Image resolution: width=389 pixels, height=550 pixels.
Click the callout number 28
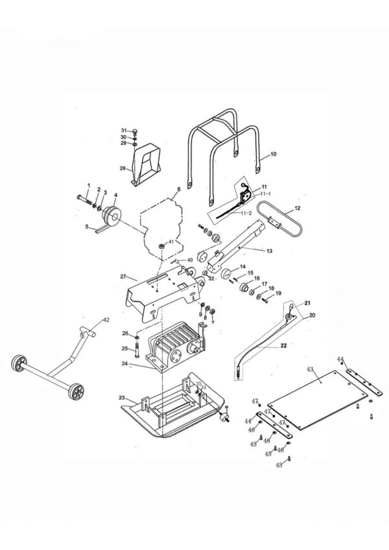tap(122, 168)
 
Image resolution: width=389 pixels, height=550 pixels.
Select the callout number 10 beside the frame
tap(273, 154)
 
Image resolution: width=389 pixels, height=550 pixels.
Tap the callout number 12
tap(298, 209)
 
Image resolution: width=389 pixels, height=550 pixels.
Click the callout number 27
tap(123, 277)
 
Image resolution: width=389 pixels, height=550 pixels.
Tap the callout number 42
tap(106, 320)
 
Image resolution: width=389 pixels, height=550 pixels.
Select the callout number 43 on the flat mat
tap(310, 369)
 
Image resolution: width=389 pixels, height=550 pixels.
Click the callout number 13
tap(269, 249)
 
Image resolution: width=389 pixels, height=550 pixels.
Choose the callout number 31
tap(124, 131)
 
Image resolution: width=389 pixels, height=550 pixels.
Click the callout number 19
tap(279, 293)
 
